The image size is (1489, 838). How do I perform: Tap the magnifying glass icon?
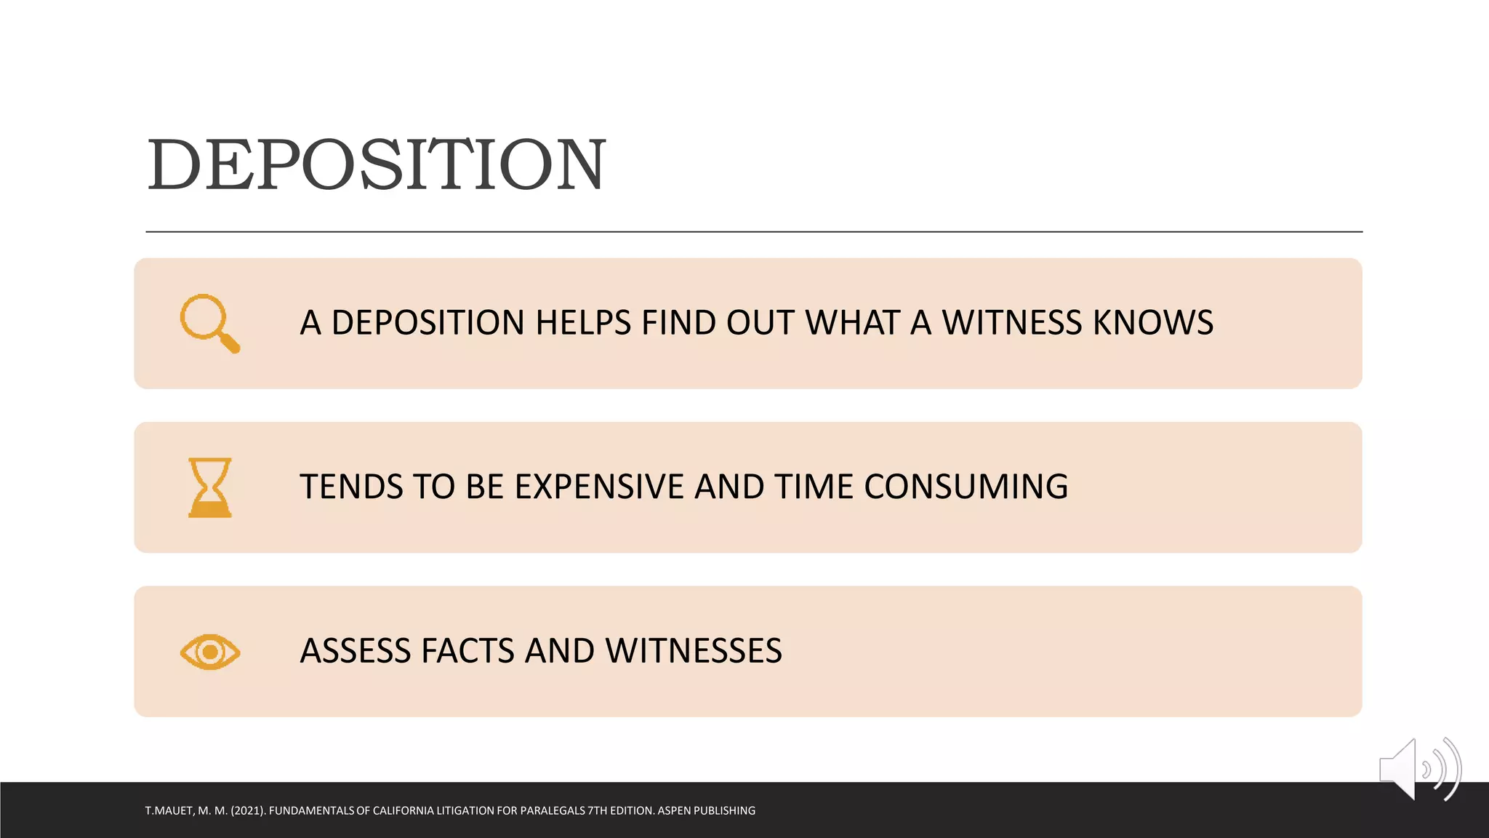point(209,323)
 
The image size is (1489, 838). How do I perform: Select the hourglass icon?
point(210,487)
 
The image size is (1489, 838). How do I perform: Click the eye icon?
point(210,652)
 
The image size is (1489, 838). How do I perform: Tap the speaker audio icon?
point(1418,769)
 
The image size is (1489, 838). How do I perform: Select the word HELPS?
point(583,323)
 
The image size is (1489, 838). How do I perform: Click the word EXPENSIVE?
point(599,487)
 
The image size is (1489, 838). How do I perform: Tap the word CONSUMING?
point(966,487)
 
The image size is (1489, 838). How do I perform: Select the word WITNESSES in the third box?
point(694,651)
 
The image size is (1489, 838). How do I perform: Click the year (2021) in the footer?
point(248,810)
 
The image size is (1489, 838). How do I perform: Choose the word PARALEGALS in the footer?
point(553,810)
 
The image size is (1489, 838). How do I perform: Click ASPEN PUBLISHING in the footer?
point(706,810)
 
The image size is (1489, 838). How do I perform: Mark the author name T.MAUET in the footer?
point(169,810)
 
